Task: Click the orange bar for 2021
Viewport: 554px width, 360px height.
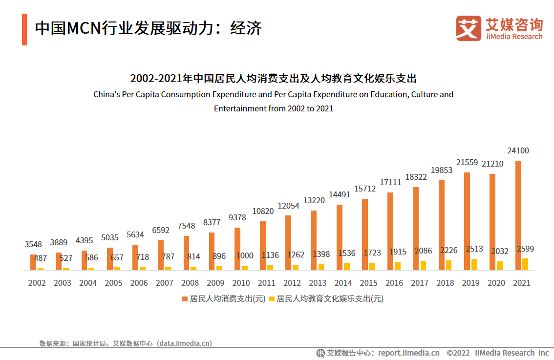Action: [x=518, y=215]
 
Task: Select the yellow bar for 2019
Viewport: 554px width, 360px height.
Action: [x=474, y=264]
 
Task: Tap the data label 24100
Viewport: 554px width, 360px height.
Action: [x=518, y=151]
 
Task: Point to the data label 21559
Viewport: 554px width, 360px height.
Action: [x=467, y=162]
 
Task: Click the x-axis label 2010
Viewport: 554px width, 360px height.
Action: [x=241, y=283]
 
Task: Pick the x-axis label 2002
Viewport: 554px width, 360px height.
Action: [x=37, y=283]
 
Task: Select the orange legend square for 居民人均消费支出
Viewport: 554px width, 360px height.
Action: [x=185, y=298]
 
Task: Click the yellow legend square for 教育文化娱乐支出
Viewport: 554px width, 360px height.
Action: [x=272, y=298]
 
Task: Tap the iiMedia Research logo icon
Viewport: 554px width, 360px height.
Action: [x=469, y=28]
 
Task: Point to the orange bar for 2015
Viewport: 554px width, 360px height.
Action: [x=365, y=234]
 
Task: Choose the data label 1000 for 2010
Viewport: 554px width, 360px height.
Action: [x=245, y=255]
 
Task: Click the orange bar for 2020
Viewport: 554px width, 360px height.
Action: [x=492, y=222]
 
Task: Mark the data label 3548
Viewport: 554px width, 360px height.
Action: [x=33, y=244]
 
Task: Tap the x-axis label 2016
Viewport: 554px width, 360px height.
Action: [x=394, y=283]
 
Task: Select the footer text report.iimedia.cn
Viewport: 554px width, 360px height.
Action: [x=408, y=353]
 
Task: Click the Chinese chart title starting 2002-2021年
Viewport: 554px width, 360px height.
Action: [x=273, y=78]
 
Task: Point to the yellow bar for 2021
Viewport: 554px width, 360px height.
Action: [x=525, y=264]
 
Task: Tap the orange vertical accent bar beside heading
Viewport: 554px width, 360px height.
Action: [x=24, y=29]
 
